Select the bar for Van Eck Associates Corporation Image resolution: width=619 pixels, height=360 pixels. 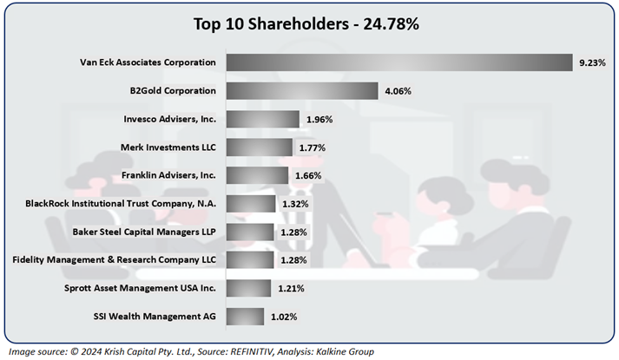(x=399, y=62)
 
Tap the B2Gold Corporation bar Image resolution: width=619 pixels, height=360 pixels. (x=301, y=90)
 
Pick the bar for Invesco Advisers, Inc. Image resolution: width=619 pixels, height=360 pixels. (x=263, y=119)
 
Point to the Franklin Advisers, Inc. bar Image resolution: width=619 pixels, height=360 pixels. (x=257, y=175)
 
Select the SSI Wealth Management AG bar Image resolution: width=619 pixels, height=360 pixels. (x=246, y=317)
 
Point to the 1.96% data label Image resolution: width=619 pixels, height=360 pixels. (x=317, y=119)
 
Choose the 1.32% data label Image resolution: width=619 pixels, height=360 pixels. (x=293, y=204)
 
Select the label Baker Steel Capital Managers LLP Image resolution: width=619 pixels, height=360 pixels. (x=143, y=232)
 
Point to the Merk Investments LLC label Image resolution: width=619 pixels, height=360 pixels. (x=166, y=147)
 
